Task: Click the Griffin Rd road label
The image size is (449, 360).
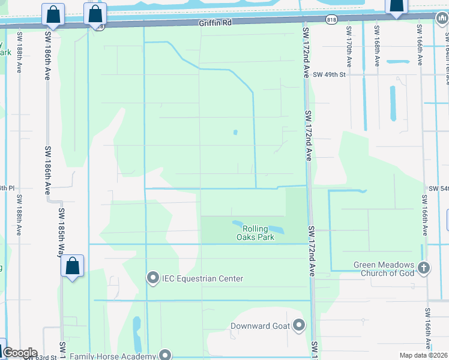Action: tap(214, 22)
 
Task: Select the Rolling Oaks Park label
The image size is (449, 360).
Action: tap(259, 233)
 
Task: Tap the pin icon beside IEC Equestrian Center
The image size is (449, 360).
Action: tap(152, 278)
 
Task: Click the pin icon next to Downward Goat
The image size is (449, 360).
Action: tap(299, 326)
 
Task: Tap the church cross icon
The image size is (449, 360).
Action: tap(423, 268)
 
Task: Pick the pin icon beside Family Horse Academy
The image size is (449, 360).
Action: tap(165, 356)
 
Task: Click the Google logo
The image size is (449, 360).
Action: tap(20, 353)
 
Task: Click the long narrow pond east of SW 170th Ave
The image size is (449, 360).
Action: tap(393, 103)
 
